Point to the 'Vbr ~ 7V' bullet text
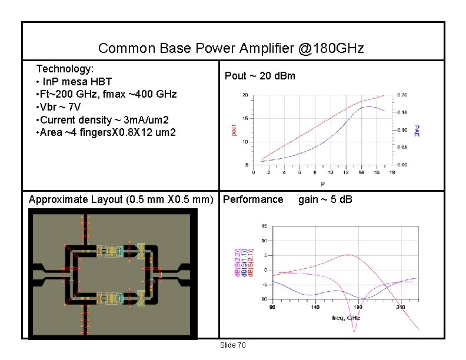(60, 107)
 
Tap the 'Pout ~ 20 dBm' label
(260, 76)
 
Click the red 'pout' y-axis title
(234, 129)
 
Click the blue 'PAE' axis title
(417, 130)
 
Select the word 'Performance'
(253, 199)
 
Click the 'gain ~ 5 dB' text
(325, 199)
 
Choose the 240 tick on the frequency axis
(401, 308)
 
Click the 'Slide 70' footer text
(232, 345)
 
